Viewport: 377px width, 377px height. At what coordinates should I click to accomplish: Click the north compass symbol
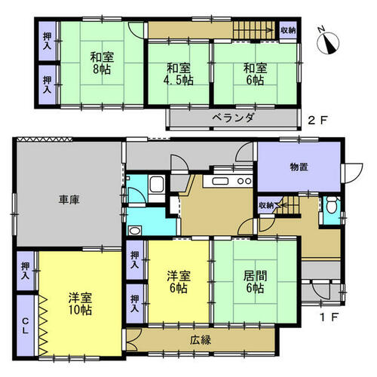328,43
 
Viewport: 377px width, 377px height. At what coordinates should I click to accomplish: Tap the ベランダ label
233,118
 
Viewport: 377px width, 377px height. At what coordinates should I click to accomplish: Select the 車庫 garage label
69,200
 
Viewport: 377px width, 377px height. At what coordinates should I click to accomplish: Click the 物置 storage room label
299,167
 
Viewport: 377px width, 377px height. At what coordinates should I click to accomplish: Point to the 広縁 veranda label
201,340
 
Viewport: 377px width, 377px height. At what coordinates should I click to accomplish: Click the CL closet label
25,326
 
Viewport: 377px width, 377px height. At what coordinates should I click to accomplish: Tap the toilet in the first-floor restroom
331,204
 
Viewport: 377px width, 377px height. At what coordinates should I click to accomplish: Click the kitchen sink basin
220,181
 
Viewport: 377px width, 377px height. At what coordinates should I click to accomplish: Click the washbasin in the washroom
135,230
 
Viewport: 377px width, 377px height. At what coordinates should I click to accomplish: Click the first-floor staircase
289,205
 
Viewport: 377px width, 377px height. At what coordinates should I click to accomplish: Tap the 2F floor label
317,121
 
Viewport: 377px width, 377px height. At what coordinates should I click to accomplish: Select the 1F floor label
329,317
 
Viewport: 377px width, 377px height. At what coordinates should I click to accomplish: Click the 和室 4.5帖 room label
179,74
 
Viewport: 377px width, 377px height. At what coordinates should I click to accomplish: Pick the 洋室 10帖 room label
80,304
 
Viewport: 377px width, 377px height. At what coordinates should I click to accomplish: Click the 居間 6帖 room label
255,282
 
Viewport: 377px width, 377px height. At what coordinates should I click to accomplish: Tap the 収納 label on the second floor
288,31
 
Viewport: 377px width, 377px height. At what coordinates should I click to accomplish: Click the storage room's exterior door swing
354,173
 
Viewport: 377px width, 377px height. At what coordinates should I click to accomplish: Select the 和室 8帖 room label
102,63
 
